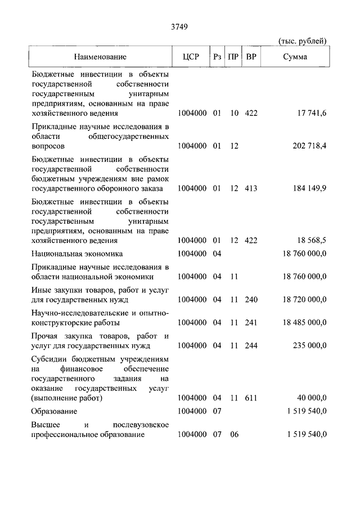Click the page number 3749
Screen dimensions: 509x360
pyautogui.click(x=179, y=27)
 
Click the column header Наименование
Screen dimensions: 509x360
pyautogui.click(x=100, y=57)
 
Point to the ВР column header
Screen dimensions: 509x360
pyautogui.click(x=251, y=57)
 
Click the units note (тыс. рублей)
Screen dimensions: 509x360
pyautogui.click(x=303, y=41)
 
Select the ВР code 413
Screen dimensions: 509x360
pyautogui.click(x=251, y=188)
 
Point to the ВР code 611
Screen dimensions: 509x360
pyautogui.click(x=251, y=398)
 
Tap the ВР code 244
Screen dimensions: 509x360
pyautogui.click(x=251, y=345)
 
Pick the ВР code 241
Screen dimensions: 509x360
pyautogui.click(x=251, y=322)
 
